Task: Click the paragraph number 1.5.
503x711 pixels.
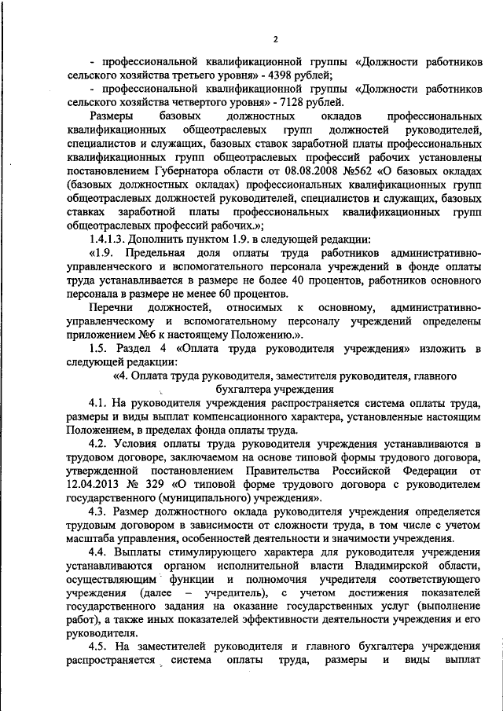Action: click(x=98, y=346)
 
